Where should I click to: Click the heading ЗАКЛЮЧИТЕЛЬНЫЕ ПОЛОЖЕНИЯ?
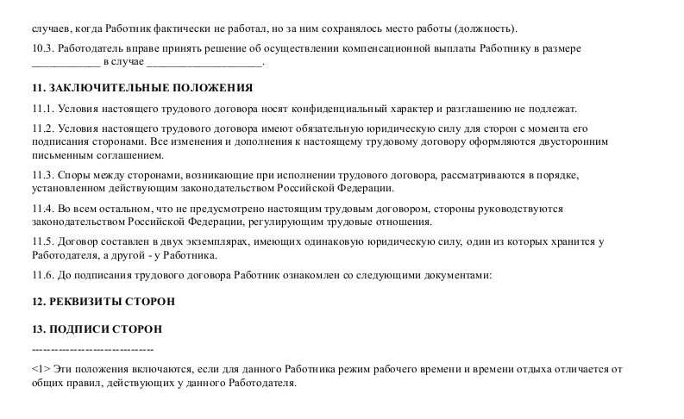[x=141, y=88]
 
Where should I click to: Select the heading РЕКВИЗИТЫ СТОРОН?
[x=102, y=302]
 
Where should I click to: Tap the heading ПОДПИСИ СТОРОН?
[x=96, y=329]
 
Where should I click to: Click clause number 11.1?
[x=41, y=109]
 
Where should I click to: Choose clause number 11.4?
[x=41, y=209]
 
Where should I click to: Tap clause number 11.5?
[x=41, y=242]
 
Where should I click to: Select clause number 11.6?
[x=41, y=276]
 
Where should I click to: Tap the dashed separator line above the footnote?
[x=92, y=351]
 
